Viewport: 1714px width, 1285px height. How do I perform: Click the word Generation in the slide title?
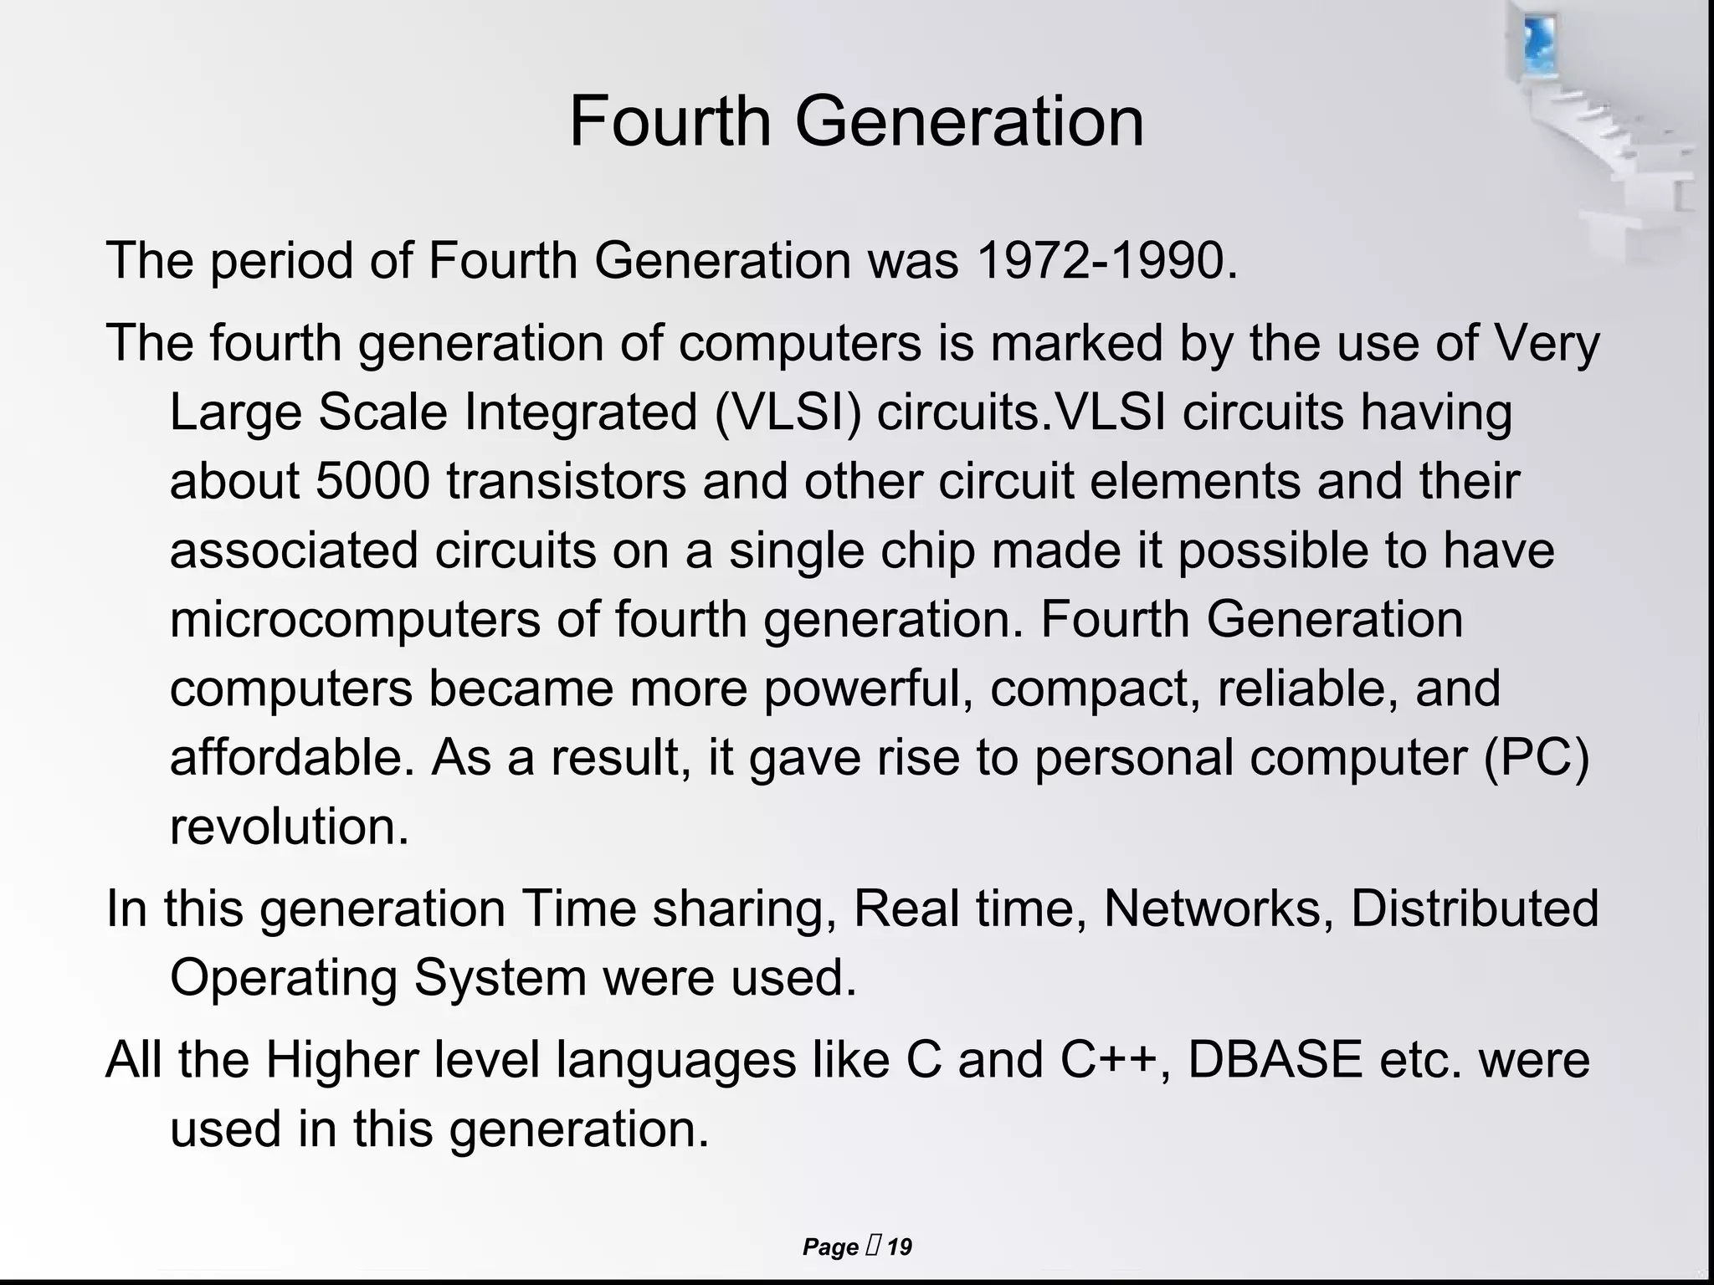point(968,121)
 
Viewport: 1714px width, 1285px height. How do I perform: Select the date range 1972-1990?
point(1105,260)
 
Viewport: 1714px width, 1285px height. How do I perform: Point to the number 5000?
point(372,481)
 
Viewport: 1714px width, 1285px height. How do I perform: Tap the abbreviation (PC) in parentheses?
point(1536,757)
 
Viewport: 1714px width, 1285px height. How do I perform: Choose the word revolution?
point(290,826)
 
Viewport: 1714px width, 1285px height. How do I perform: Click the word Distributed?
point(1475,909)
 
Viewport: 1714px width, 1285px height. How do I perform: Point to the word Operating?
point(284,977)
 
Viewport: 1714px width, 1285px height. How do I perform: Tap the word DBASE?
point(1275,1059)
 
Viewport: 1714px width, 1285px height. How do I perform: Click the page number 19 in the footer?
point(899,1247)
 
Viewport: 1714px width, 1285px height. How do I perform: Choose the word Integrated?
point(581,412)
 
